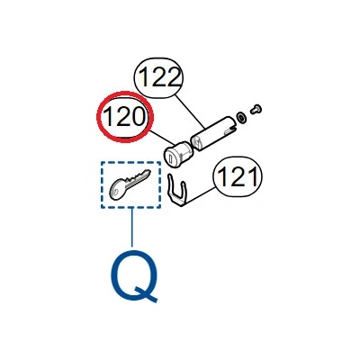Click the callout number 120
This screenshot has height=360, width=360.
(x=124, y=117)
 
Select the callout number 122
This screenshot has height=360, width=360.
(x=159, y=77)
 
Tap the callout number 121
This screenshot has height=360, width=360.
(x=238, y=177)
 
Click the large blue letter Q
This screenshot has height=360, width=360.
(x=134, y=275)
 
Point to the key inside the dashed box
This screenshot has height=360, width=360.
(x=130, y=184)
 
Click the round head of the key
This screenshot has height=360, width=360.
(x=117, y=190)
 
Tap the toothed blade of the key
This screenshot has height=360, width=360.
(x=138, y=178)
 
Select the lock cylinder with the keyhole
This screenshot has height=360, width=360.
(x=177, y=152)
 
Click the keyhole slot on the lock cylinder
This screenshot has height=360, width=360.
(x=170, y=157)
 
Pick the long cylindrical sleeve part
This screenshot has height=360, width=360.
(x=213, y=133)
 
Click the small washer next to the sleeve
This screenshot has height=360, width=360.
(x=240, y=117)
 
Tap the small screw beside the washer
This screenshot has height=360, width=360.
(x=256, y=109)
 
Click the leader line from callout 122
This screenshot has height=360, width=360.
(x=190, y=112)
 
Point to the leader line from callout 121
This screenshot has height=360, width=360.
(x=200, y=197)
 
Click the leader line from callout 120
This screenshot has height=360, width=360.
(x=162, y=137)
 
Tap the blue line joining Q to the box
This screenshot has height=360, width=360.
(x=131, y=227)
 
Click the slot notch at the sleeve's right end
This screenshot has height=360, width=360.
(x=230, y=129)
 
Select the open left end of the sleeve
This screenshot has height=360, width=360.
(x=196, y=142)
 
